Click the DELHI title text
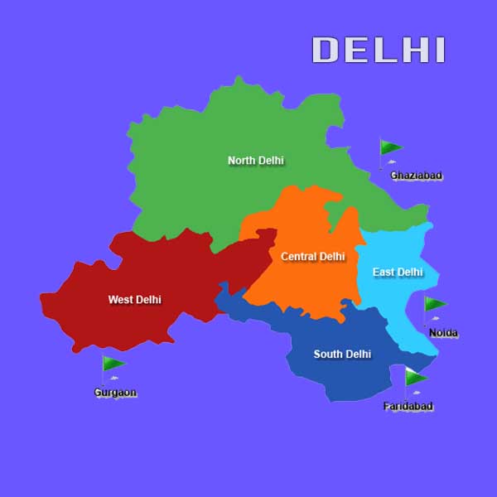pyautogui.click(x=379, y=50)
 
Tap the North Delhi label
pyautogui.click(x=256, y=160)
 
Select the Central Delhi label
pyautogui.click(x=312, y=257)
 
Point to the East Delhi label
pyautogui.click(x=398, y=272)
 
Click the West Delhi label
pyautogui.click(x=134, y=299)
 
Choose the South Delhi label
pyautogui.click(x=342, y=355)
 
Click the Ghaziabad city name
pyautogui.click(x=416, y=176)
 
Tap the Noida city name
pyautogui.click(x=443, y=333)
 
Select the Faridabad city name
pyautogui.click(x=408, y=406)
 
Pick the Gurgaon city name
pyautogui.click(x=115, y=392)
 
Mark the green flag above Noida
pyautogui.click(x=435, y=304)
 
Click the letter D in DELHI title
pyautogui.click(x=325, y=50)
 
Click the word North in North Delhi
pyautogui.click(x=242, y=160)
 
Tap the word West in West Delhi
pyautogui.click(x=121, y=299)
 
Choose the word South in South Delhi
pyautogui.click(x=328, y=355)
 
